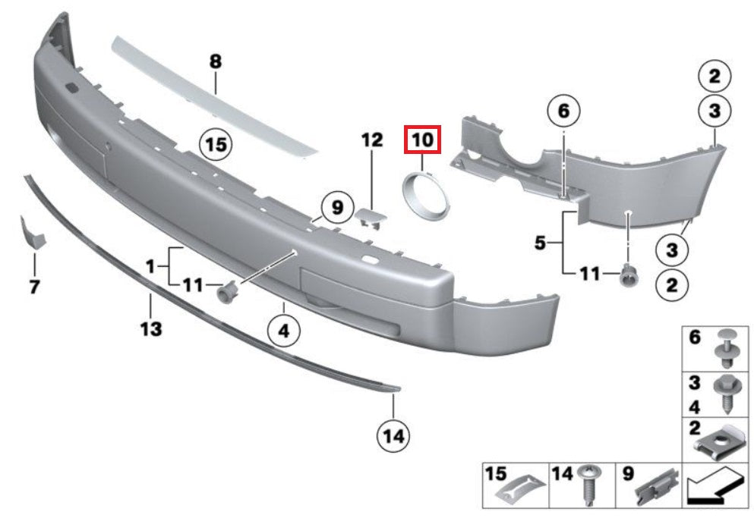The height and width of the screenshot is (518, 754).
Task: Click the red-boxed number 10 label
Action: click(422, 140)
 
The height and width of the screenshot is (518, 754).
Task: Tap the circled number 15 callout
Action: click(216, 144)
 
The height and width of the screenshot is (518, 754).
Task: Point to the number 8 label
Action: click(216, 61)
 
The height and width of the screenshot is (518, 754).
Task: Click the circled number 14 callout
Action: click(393, 436)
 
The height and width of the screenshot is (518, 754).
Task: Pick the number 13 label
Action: click(151, 329)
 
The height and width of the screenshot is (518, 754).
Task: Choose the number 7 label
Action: click(34, 287)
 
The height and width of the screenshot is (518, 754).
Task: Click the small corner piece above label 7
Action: click(32, 233)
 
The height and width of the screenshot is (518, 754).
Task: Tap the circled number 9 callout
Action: click(338, 208)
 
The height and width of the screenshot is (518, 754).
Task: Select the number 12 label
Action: click(372, 140)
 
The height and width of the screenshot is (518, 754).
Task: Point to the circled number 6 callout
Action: click(563, 111)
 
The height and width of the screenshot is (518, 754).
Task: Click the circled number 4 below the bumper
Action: click(284, 331)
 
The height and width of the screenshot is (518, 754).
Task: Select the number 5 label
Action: click(540, 243)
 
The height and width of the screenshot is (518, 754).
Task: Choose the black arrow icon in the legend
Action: click(715, 486)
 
